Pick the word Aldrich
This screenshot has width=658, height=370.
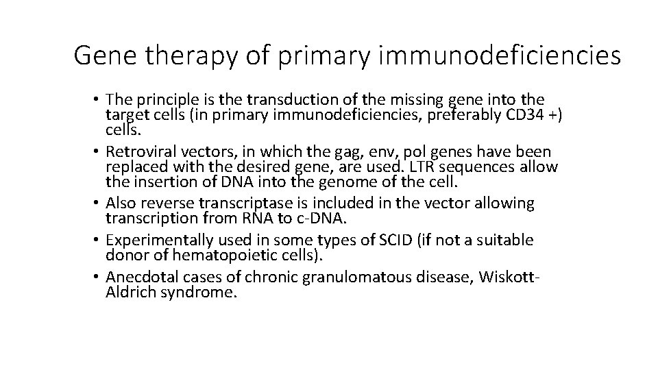[x=129, y=292]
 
